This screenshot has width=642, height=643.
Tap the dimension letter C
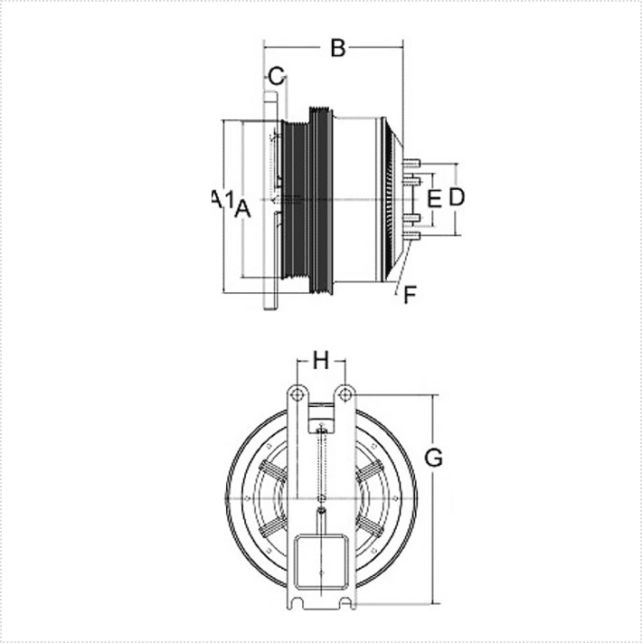277,75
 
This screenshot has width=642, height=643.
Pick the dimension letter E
433,198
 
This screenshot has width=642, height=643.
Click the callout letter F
410,294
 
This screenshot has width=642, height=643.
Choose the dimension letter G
434,459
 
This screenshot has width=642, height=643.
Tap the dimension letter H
321,362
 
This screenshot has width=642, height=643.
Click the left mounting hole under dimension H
295,392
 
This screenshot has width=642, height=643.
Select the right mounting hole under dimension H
344,392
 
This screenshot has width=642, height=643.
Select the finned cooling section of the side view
392,197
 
